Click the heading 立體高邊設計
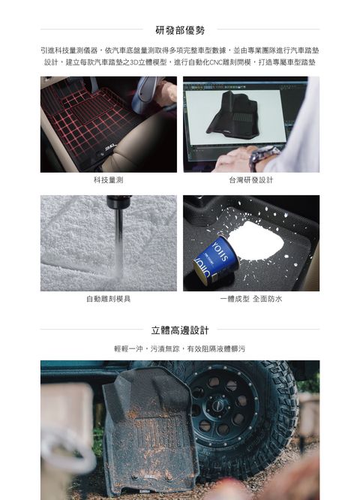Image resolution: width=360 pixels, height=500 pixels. [180, 330]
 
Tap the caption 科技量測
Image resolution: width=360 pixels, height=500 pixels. [108, 180]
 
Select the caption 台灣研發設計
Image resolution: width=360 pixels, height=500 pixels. [250, 180]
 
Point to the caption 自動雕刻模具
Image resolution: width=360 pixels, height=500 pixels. [108, 298]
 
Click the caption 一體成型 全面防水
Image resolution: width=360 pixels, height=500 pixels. [250, 298]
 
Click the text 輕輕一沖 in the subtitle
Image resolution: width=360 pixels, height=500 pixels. [130, 349]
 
